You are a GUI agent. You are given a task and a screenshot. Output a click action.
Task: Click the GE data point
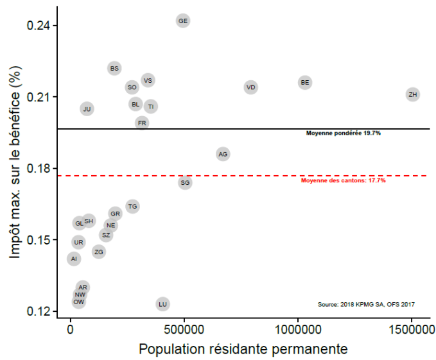point(183,21)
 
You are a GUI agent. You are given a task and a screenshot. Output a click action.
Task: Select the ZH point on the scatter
point(413,94)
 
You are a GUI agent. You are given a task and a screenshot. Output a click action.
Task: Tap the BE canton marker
point(305,82)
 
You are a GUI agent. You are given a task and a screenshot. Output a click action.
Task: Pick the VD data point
point(251,87)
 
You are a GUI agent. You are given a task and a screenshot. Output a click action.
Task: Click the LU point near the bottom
point(162,304)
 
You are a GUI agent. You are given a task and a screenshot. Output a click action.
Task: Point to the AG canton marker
point(223,154)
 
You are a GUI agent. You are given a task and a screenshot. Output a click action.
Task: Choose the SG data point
point(185,183)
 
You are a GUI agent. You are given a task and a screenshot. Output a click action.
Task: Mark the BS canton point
point(114,68)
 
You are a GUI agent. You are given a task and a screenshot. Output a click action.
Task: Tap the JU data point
point(87,109)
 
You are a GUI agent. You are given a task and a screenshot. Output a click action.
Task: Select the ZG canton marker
point(99,252)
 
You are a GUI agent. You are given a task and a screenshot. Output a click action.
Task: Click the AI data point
point(74,259)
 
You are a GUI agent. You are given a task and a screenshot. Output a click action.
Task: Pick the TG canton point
point(132,206)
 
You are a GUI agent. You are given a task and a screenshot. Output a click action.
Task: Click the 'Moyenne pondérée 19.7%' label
point(344,133)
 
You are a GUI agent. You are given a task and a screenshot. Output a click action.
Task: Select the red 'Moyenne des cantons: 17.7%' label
point(343,180)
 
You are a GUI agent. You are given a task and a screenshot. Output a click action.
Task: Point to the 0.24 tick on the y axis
point(39,26)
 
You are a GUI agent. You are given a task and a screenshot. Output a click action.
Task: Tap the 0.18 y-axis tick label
point(39,169)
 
